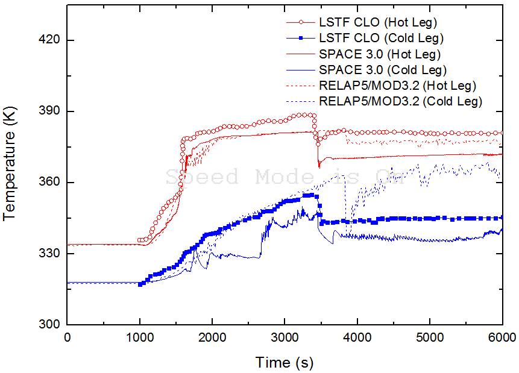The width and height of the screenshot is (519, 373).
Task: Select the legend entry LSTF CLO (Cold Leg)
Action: [381, 38]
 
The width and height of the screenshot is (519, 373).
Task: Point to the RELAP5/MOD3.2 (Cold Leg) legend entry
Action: [401, 101]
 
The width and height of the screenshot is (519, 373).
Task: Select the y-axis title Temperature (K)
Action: [10, 165]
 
